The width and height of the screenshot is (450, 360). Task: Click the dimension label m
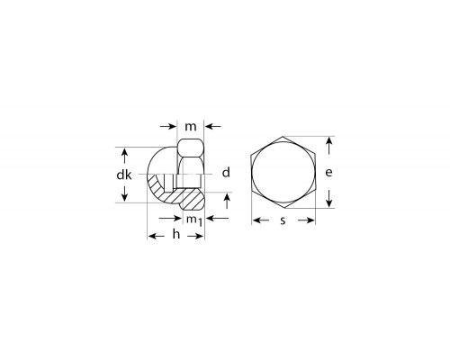click(191, 127)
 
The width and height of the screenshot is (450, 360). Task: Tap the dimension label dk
click(124, 174)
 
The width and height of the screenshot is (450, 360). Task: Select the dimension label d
click(226, 173)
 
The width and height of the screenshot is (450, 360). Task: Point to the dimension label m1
click(194, 220)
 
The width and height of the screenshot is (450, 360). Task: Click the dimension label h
click(176, 234)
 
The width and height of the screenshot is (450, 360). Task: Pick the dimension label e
click(328, 173)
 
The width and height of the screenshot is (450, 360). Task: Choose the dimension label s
click(283, 220)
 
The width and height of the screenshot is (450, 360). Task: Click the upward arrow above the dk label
click(124, 156)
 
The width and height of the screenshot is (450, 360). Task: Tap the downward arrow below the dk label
click(124, 193)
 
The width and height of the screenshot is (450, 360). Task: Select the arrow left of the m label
click(168, 126)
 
